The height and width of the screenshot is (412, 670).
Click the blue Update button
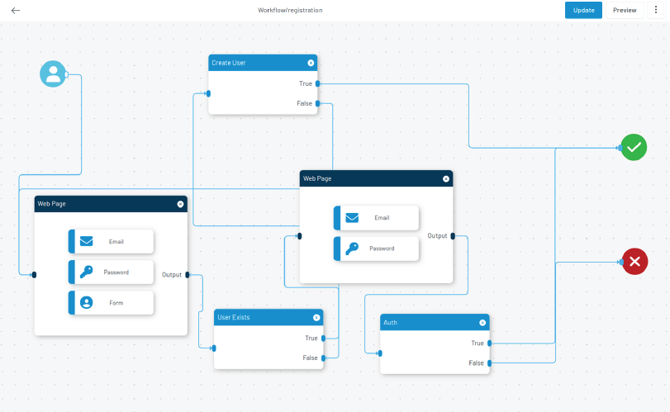click(x=583, y=10)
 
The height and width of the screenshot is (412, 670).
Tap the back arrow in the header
click(x=16, y=10)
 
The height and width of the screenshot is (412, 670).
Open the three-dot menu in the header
click(x=656, y=10)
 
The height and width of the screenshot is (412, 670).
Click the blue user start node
click(x=53, y=73)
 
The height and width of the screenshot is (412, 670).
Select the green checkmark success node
click(x=634, y=147)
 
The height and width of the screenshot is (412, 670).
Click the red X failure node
click(x=634, y=261)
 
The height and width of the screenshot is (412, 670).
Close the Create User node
click(x=311, y=63)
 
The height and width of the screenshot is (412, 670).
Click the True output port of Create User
click(x=317, y=83)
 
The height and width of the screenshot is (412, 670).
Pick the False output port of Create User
click(x=317, y=103)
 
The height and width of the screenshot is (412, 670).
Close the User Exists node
click(x=316, y=317)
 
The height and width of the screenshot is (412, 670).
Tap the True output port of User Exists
click(x=324, y=339)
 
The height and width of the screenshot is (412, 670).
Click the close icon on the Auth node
click(x=482, y=323)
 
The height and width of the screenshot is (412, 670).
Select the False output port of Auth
click(x=490, y=363)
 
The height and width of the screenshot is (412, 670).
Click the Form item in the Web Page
click(x=111, y=303)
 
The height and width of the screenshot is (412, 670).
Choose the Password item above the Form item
click(x=111, y=272)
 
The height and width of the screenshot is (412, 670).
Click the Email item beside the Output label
click(x=377, y=218)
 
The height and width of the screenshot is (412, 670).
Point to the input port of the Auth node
click(x=380, y=353)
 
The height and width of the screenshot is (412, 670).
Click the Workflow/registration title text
click(x=290, y=10)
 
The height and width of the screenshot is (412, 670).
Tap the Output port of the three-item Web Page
click(x=188, y=274)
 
